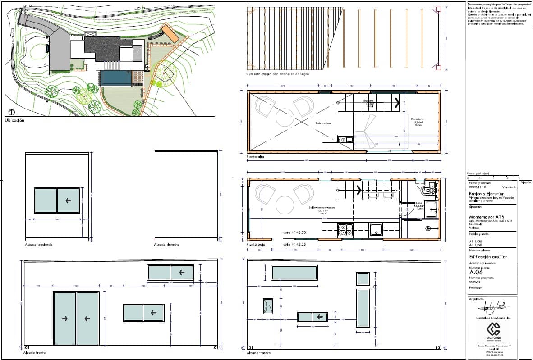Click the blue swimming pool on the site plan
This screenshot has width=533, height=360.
pyautogui.click(x=116, y=78)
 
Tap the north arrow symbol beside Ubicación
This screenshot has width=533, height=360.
pyautogui.click(x=11, y=112)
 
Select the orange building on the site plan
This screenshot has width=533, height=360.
pyautogui.click(x=171, y=33)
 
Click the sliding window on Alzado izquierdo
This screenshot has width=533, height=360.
pyautogui.click(x=57, y=201)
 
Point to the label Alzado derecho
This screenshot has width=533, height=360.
pyautogui.click(x=167, y=244)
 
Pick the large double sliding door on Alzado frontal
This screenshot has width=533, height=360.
pyautogui.click(x=76, y=319)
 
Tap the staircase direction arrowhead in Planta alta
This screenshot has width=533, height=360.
pyautogui.click(x=397, y=103)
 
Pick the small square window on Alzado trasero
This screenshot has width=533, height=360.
pyautogui.click(x=363, y=278)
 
